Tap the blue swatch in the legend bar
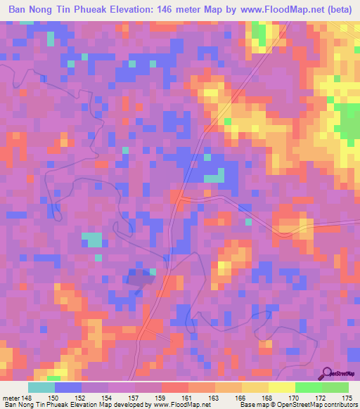click(x=68, y=388)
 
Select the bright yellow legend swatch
click(x=282, y=388)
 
